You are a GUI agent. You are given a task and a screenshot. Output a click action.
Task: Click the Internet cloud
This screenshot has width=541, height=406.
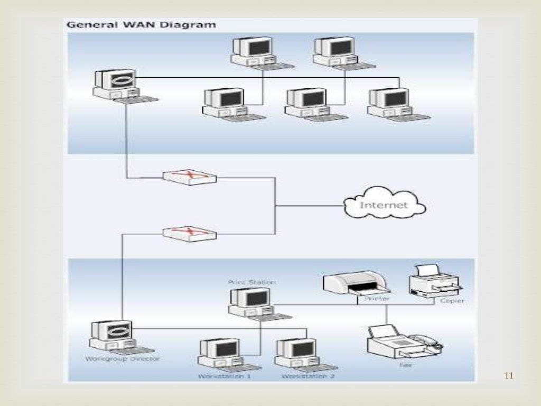point(384,205)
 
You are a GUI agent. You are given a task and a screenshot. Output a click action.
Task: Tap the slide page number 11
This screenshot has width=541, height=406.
point(509,376)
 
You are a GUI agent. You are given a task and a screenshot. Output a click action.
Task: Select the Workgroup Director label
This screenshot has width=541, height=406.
point(122,359)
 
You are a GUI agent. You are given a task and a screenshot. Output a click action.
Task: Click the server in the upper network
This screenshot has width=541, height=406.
point(117,85)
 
